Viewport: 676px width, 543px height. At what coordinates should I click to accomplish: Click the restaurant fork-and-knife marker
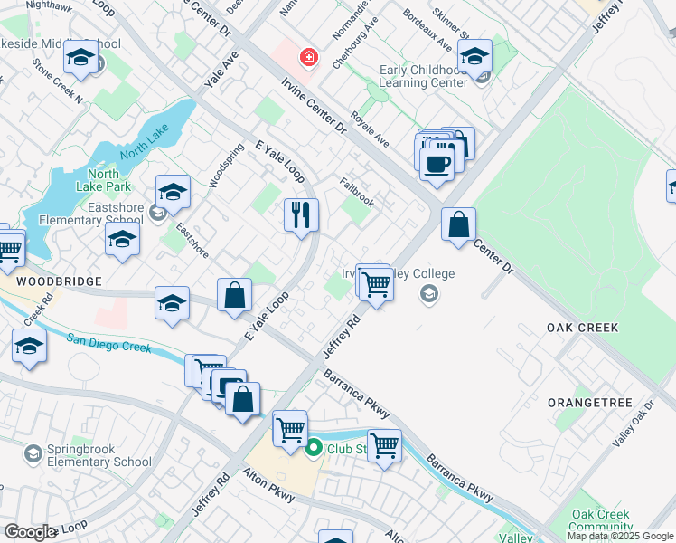[x=302, y=215]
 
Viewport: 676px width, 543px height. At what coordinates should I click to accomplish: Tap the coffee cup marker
[x=437, y=165]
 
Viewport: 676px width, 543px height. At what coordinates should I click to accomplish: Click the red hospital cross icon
[x=309, y=58]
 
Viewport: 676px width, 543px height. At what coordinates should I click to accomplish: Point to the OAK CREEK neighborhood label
[x=584, y=327]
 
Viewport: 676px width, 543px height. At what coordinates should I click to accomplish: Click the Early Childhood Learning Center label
[x=423, y=76]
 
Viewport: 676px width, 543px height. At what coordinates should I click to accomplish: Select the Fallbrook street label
[x=357, y=192]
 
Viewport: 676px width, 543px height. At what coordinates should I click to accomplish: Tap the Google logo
[x=30, y=532]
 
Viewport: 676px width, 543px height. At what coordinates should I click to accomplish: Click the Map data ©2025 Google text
[x=620, y=536]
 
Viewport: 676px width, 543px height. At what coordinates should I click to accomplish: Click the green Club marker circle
[x=315, y=447]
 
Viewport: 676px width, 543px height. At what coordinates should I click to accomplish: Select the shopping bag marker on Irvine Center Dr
[x=459, y=224]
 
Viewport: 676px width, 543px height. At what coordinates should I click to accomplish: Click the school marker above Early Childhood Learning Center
[x=474, y=56]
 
